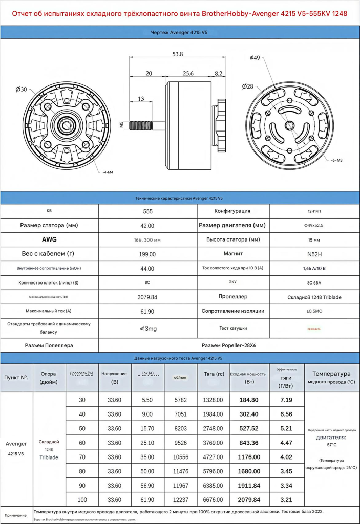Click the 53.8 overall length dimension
point(178,54)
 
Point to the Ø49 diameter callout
point(255,58)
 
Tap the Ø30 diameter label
point(21,90)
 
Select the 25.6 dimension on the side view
point(188,74)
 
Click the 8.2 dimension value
point(218,74)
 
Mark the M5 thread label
point(121,124)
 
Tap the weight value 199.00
point(147,254)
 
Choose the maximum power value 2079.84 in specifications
point(147,297)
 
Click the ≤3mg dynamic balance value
point(147,328)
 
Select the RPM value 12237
point(180,500)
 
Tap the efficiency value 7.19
point(286,400)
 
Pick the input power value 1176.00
point(249,457)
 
